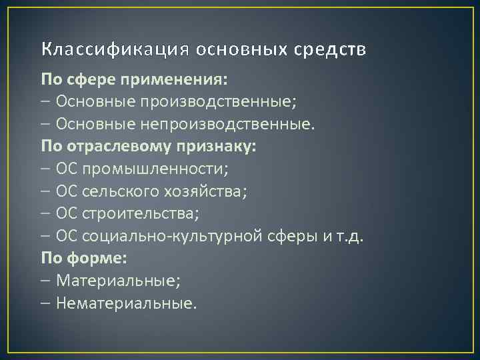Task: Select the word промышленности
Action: point(155,169)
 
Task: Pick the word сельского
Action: point(119,192)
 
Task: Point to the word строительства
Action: point(141,214)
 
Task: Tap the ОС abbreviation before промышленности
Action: point(68,169)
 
